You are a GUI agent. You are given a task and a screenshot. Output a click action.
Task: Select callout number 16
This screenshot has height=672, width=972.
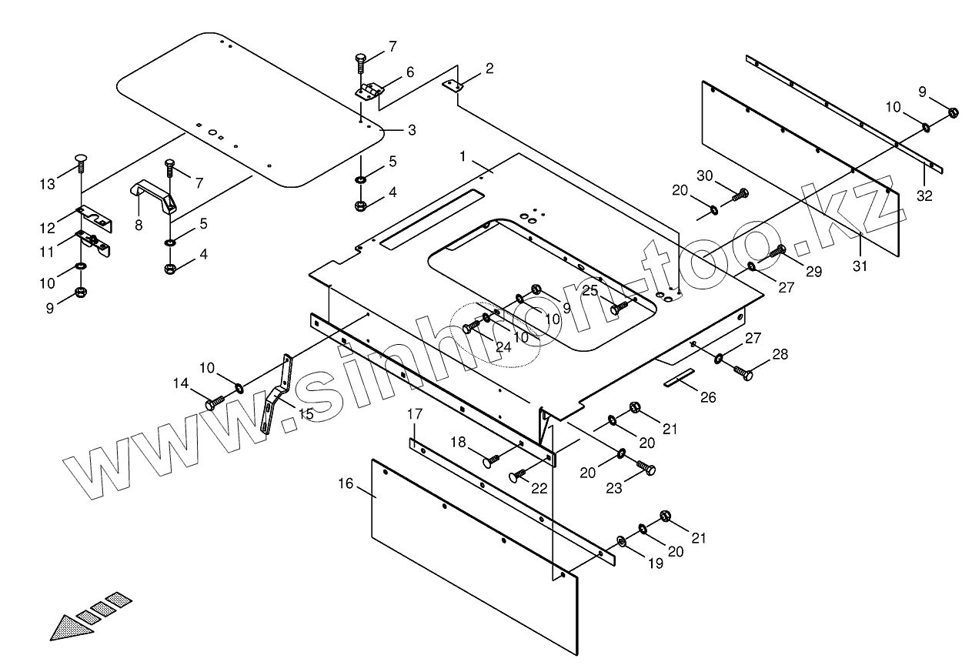346,483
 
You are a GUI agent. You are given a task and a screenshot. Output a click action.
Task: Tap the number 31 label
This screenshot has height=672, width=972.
860,266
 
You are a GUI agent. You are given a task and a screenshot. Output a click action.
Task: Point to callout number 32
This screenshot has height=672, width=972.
924,196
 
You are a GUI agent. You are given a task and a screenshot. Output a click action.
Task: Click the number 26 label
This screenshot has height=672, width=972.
708,397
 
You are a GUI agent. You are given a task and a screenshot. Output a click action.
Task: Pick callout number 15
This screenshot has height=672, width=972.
306,413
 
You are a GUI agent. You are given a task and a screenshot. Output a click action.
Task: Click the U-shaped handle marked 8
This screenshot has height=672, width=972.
156,196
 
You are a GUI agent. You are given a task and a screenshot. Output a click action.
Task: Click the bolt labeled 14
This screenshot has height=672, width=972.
214,403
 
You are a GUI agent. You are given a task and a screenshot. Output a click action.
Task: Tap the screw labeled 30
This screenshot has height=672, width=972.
739,196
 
